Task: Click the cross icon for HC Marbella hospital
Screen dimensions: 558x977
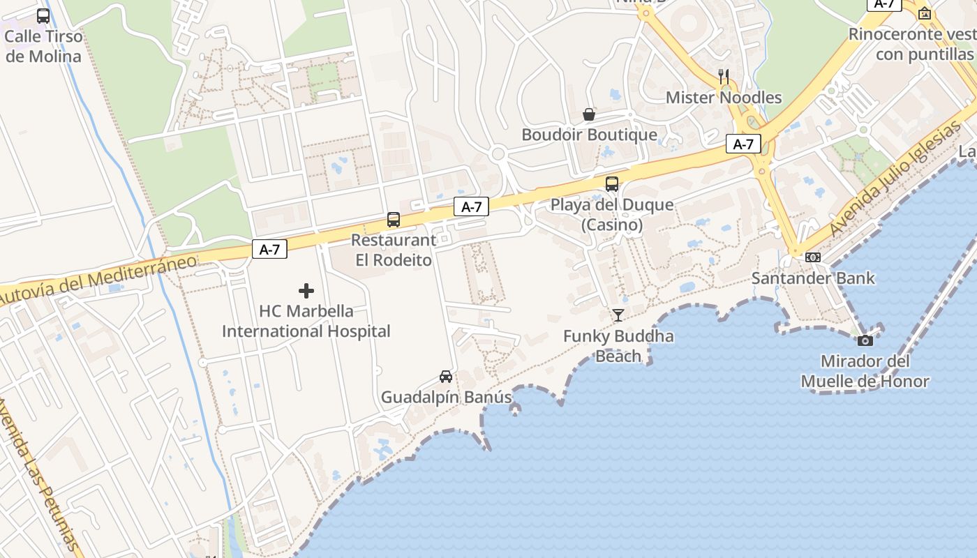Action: click(x=306, y=291)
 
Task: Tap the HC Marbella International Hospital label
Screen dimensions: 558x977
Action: click(x=306, y=321)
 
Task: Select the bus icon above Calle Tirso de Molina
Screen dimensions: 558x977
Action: click(x=43, y=16)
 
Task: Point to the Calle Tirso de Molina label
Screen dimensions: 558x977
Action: click(x=43, y=46)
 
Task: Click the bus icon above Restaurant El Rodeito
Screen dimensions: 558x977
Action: click(x=394, y=220)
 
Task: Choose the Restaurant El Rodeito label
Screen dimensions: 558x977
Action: click(x=394, y=250)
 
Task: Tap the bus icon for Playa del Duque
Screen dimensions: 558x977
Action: click(x=612, y=184)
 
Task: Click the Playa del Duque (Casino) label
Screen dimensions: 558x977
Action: click(x=612, y=215)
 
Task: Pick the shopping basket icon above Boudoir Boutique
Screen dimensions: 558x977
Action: click(x=589, y=114)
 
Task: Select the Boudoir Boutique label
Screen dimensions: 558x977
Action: click(x=589, y=135)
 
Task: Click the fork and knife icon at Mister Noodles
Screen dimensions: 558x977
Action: click(x=724, y=76)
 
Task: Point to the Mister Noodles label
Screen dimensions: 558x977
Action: click(x=724, y=97)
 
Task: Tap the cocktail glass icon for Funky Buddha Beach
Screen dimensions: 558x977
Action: click(x=618, y=315)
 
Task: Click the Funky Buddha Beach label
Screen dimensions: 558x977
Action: click(x=618, y=346)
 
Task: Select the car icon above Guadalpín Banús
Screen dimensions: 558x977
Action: click(x=446, y=377)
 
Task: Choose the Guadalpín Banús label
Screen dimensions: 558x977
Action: click(x=446, y=398)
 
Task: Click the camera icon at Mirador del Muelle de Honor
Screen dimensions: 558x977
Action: click(x=865, y=340)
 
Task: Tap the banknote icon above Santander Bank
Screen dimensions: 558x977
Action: click(x=813, y=257)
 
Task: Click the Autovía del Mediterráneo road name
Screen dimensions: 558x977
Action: click(x=98, y=280)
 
